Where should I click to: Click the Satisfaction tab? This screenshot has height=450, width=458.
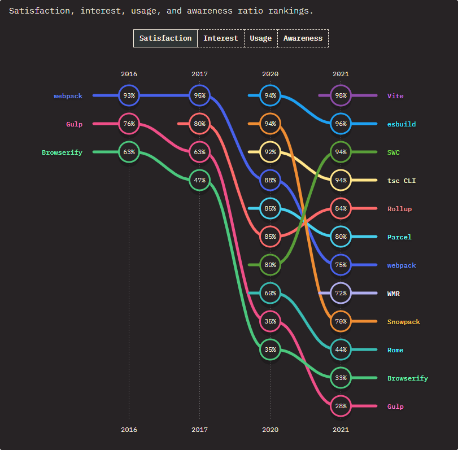pos(165,38)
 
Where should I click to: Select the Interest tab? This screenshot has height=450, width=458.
pos(221,38)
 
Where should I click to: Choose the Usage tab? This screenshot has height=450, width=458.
pos(260,38)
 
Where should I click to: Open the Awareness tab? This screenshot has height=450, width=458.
pos(303,38)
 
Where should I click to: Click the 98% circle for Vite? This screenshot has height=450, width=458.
pos(341,95)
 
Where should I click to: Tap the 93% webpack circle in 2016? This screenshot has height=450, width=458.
pos(129,95)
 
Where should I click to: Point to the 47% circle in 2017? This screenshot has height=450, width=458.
pos(199,180)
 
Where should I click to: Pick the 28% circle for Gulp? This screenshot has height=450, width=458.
pos(341,406)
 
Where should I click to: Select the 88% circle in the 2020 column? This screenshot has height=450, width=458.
pos(270,180)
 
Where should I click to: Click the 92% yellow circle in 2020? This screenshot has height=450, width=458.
pos(270,152)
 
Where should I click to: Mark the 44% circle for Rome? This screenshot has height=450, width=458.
pos(341,349)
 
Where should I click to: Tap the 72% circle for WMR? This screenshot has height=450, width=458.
pos(341,293)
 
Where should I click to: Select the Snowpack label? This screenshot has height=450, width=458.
pos(403,322)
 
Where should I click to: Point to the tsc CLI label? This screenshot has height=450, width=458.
pos(402,181)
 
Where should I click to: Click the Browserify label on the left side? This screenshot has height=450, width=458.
pos(62,152)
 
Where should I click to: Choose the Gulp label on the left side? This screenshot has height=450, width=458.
pos(74,124)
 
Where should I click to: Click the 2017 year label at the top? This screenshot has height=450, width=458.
pos(199,74)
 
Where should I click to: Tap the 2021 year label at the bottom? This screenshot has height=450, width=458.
pos(341,430)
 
